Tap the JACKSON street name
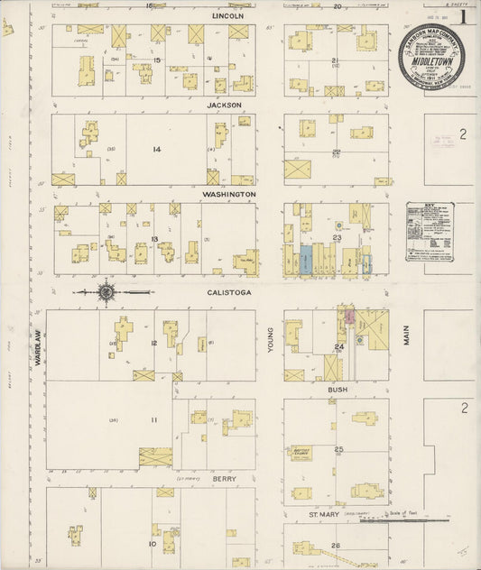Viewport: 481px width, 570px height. pyautogui.click(x=225, y=105)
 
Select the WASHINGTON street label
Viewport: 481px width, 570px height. pyautogui.click(x=228, y=194)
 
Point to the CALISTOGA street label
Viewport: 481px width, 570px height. pyautogui.click(x=228, y=291)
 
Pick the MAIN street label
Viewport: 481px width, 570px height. pyautogui.click(x=406, y=336)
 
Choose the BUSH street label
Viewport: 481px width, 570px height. pyautogui.click(x=338, y=389)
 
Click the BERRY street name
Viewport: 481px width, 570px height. pyautogui.click(x=225, y=478)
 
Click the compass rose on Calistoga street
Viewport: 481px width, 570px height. pyautogui.click(x=106, y=291)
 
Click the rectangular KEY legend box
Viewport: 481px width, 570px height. pyautogui.click(x=429, y=232)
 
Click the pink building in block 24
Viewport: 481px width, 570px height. pyautogui.click(x=347, y=317)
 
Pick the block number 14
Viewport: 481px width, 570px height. pyautogui.click(x=156, y=149)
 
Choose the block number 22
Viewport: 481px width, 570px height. pyautogui.click(x=336, y=152)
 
